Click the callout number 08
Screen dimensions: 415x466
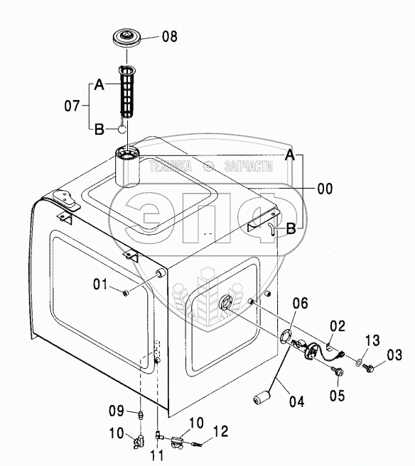170,37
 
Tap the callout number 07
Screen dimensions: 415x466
72,106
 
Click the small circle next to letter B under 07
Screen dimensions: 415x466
122,129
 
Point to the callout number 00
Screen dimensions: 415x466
325,189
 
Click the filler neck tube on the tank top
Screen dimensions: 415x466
127,167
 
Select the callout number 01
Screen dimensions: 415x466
100,284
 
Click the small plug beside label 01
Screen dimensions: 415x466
126,294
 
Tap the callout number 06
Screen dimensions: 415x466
300,304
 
